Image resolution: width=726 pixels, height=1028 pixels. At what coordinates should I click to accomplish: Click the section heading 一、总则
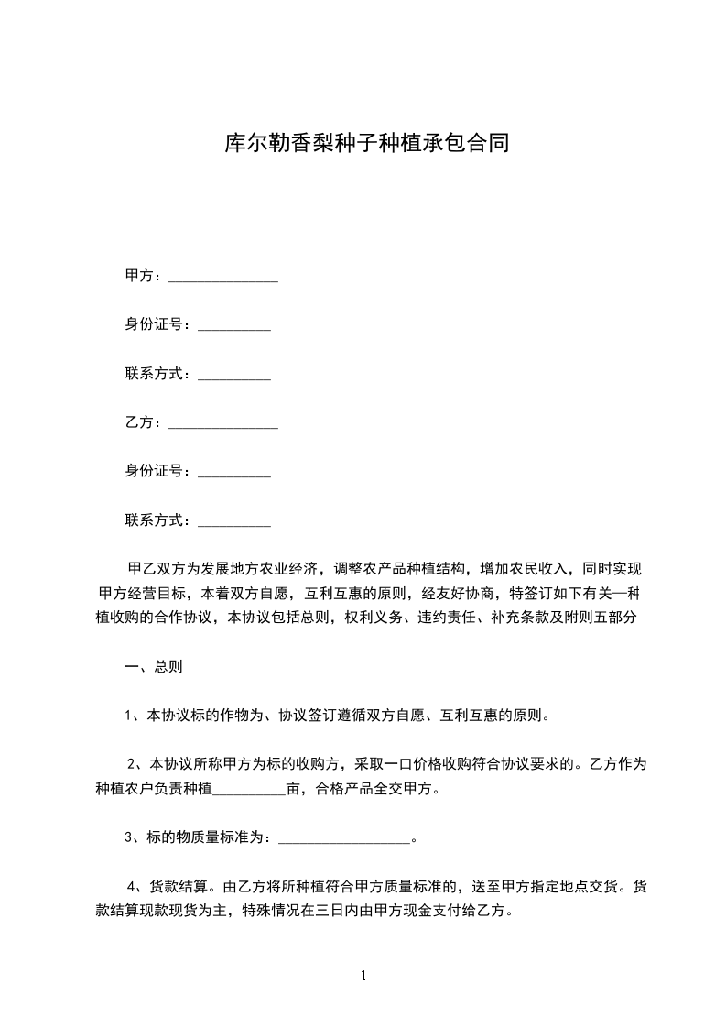coord(154,667)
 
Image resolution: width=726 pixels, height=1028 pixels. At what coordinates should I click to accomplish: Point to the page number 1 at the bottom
coord(363,976)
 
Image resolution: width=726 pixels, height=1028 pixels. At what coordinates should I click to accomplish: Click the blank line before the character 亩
coord(249,788)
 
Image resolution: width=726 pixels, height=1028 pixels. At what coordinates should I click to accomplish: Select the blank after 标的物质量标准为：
coord(343,837)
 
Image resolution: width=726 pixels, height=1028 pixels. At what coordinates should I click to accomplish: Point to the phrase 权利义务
coord(370,618)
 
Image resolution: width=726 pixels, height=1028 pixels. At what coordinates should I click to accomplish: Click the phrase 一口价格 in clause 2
coord(401,763)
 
